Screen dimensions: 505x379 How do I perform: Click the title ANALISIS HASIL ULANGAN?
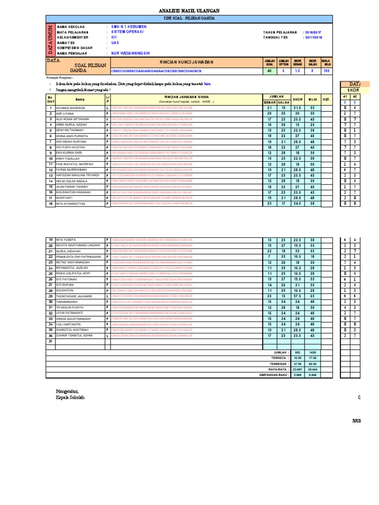(189, 11)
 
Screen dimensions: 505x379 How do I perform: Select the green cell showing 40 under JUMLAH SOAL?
(269, 71)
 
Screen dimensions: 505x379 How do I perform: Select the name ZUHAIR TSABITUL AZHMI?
(75, 335)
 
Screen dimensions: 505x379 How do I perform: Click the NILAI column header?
(312, 99)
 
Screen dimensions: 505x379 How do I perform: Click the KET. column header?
(326, 99)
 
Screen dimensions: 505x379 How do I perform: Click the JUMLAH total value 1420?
(312, 353)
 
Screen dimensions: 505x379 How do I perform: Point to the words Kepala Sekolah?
(70, 397)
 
